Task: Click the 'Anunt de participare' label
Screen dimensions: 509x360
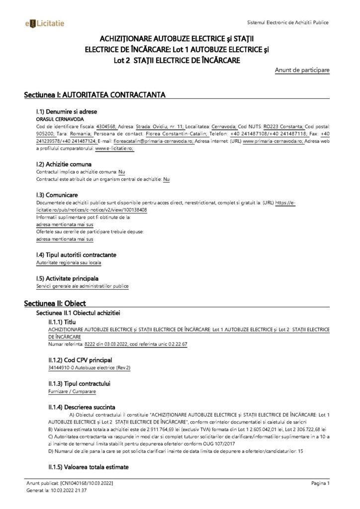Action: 302,71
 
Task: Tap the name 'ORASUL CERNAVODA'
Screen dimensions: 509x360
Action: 54,120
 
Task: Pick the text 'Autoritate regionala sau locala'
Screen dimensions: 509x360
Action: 65,261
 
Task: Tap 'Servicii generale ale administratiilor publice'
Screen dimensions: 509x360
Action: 83,286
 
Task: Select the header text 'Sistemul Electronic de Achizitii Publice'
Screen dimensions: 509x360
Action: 287,23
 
